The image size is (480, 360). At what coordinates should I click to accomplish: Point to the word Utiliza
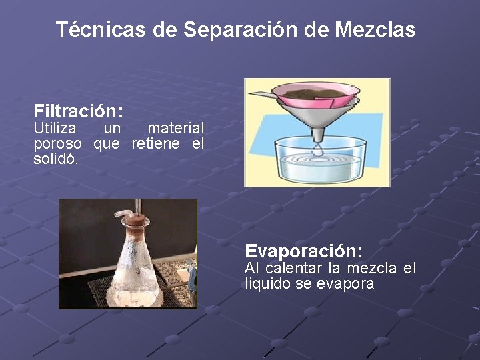(x=55, y=127)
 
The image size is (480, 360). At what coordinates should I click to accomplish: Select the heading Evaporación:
(x=304, y=251)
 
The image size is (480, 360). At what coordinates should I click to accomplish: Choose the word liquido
(x=267, y=284)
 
